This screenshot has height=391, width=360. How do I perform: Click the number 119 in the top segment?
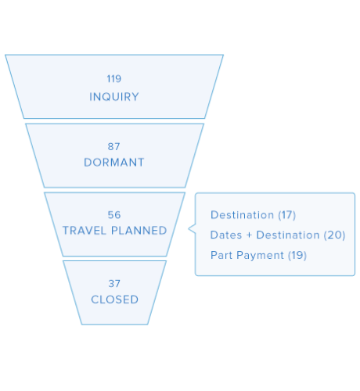coord(114,79)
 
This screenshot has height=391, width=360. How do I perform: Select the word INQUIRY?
coord(114,97)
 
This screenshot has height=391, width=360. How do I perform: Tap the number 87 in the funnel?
coord(114,146)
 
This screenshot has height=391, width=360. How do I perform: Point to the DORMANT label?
coord(114,163)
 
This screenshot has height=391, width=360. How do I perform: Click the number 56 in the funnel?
coord(114,214)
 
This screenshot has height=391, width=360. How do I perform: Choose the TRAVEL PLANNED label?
coord(114,231)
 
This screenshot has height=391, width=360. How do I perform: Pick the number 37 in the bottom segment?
coord(114,283)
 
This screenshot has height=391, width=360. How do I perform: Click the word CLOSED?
coord(114,300)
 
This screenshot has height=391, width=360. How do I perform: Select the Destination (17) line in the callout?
coord(253,214)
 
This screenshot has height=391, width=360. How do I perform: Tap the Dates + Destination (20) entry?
coord(277,235)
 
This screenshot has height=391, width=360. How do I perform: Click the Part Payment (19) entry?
coord(258,255)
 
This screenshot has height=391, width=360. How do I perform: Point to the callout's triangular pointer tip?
coord(189,229)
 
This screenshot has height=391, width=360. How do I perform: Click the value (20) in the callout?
coord(334,235)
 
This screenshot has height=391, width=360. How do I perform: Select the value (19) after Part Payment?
coord(297,255)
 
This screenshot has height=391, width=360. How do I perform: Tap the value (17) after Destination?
coord(286,214)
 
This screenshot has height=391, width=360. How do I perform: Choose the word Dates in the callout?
coord(225,235)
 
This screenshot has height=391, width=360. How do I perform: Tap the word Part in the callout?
coord(221,255)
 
